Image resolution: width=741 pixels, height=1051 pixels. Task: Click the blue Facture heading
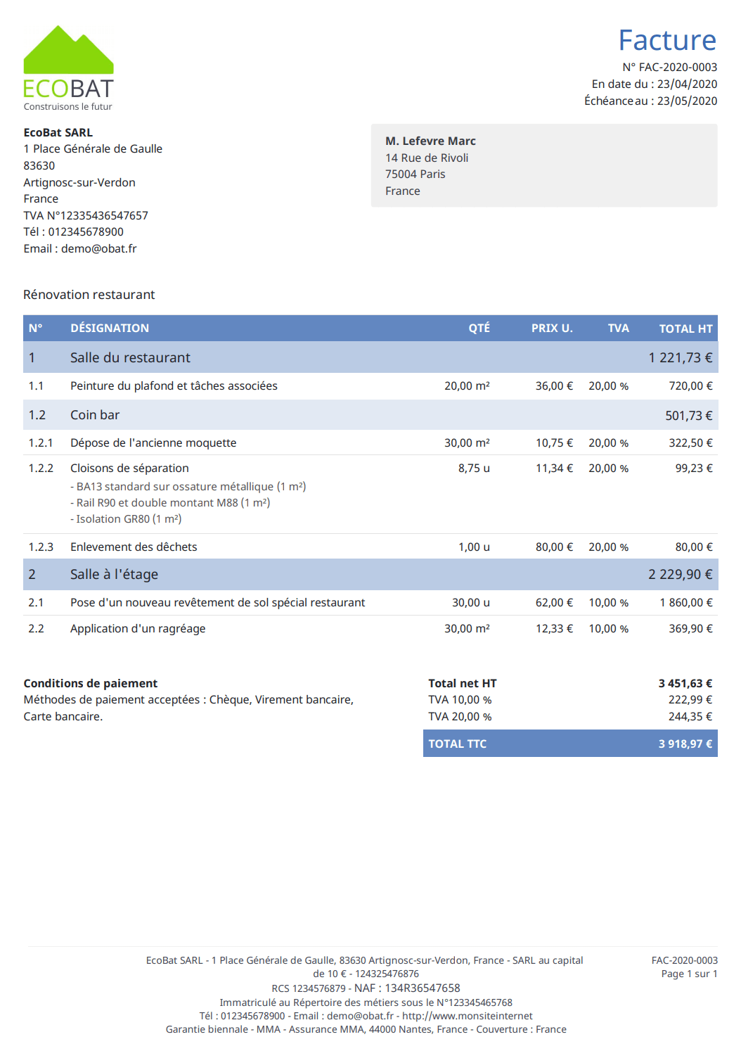pyautogui.click(x=666, y=41)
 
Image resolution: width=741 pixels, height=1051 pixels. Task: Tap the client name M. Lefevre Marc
pyautogui.click(x=430, y=141)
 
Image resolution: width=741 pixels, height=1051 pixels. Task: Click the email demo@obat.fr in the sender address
pyautogui.click(x=98, y=249)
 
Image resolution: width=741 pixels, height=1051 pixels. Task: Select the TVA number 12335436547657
pyautogui.click(x=104, y=216)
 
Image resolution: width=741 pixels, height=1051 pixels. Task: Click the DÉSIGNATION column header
pyautogui.click(x=110, y=329)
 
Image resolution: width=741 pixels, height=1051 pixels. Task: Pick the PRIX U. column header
pyautogui.click(x=552, y=329)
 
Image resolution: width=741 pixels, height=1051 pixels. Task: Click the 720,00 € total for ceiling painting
pyautogui.click(x=690, y=386)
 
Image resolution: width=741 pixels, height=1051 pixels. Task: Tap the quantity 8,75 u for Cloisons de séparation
pyautogui.click(x=474, y=469)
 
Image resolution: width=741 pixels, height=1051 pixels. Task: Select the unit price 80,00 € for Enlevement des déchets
pyautogui.click(x=554, y=547)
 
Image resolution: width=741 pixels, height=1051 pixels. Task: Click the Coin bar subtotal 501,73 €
pyautogui.click(x=688, y=416)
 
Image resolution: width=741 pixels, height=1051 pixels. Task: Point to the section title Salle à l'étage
pyautogui.click(x=114, y=575)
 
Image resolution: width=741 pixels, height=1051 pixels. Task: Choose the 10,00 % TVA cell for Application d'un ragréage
pyautogui.click(x=608, y=629)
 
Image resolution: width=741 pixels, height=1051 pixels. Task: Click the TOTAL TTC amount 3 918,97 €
pyautogui.click(x=685, y=744)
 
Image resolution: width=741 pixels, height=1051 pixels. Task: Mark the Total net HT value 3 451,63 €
pyautogui.click(x=685, y=684)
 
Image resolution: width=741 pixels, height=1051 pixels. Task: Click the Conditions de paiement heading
pyautogui.click(x=91, y=684)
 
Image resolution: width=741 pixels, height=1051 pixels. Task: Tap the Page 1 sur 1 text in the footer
pyautogui.click(x=689, y=974)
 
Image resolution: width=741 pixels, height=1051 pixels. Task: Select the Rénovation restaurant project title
pyautogui.click(x=89, y=295)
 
